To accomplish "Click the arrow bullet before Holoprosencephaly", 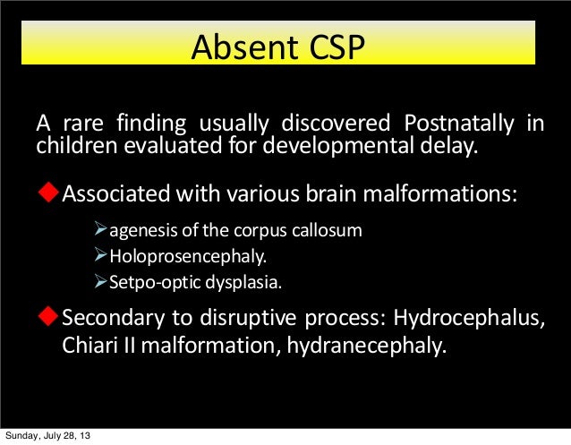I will tap(101, 258).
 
